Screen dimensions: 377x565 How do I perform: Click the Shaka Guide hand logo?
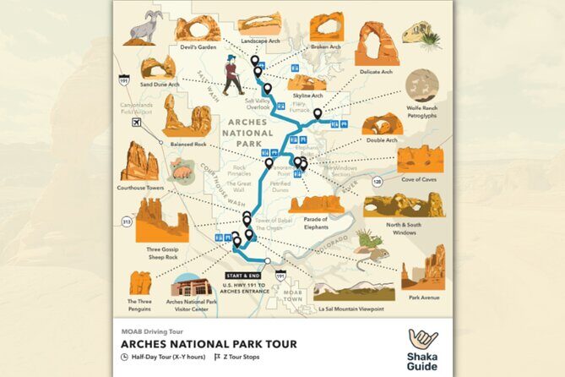[422, 340]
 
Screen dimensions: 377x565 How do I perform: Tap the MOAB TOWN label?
[293, 296]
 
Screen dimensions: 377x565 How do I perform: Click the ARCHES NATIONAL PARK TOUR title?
[208, 344]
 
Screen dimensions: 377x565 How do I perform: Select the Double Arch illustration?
[383, 124]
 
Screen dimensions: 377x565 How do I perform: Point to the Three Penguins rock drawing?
[140, 283]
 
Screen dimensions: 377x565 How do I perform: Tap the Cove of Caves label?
[421, 179]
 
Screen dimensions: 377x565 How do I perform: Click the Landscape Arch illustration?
[259, 24]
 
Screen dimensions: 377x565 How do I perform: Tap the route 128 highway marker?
[378, 182]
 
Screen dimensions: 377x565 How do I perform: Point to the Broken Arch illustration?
[326, 26]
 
